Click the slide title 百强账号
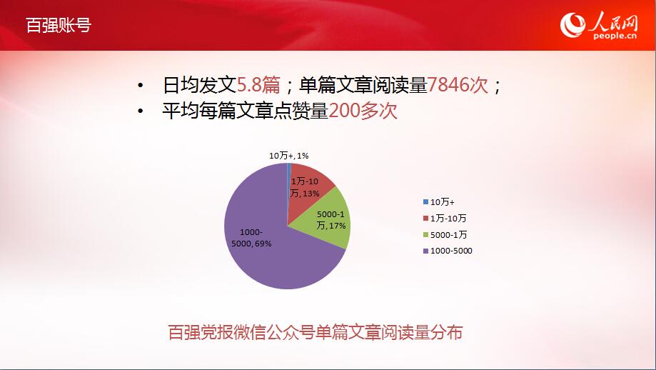(x=59, y=25)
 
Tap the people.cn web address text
(x=615, y=36)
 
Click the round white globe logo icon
(x=573, y=25)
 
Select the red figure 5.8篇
(x=258, y=85)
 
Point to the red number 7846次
(x=458, y=85)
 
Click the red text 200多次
(x=363, y=111)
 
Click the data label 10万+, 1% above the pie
(x=288, y=156)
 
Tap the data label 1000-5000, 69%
(x=251, y=238)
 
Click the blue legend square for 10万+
(x=426, y=201)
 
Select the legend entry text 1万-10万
(x=448, y=218)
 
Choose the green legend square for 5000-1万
(x=426, y=235)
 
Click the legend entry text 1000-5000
(x=451, y=251)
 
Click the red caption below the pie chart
(x=315, y=332)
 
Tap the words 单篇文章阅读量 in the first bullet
(x=363, y=85)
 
